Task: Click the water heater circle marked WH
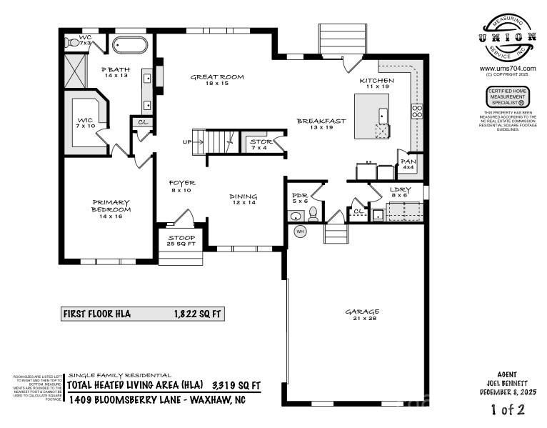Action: point(301,232)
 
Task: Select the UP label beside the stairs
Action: point(187,141)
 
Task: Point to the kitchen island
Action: point(374,115)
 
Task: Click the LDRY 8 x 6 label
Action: point(400,191)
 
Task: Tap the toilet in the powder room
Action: point(313,214)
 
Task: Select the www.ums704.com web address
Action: point(508,69)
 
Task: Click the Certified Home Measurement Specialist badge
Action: point(508,96)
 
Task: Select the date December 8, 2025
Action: point(507,392)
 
